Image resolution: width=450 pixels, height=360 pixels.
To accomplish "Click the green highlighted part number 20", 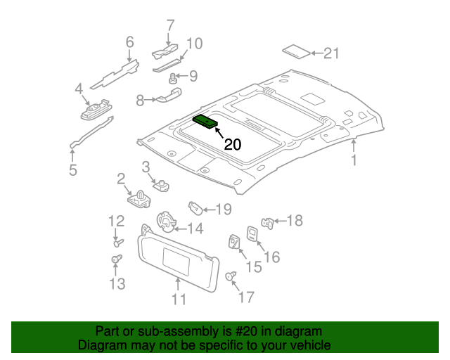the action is (x=205, y=122).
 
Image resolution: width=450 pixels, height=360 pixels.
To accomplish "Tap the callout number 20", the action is (x=233, y=144).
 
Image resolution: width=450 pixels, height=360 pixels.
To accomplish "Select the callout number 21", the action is (x=331, y=53).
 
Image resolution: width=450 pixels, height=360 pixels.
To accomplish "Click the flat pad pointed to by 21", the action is (x=297, y=51).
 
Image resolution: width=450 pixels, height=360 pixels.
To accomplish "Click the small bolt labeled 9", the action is (x=172, y=78).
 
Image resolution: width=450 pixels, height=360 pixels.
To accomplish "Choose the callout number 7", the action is (x=170, y=25).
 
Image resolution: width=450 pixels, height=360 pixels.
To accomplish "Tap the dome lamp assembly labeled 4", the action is (x=96, y=110).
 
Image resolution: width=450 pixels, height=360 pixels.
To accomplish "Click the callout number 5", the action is (x=73, y=169).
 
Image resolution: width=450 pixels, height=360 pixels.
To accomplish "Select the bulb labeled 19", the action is (x=195, y=208).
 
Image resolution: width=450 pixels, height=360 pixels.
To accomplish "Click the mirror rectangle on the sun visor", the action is (x=176, y=262).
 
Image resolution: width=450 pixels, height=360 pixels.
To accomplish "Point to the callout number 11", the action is (x=179, y=299).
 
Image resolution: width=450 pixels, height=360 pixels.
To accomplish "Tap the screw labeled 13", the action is (x=116, y=259).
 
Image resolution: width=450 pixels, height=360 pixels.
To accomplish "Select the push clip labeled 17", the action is (x=231, y=276).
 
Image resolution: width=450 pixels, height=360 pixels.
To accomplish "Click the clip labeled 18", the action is (x=267, y=223).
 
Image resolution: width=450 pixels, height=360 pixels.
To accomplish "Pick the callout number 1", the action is (x=354, y=160).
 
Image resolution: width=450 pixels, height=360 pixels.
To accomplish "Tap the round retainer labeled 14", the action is (x=166, y=221).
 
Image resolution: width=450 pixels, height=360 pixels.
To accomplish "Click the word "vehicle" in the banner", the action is (x=311, y=345).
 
